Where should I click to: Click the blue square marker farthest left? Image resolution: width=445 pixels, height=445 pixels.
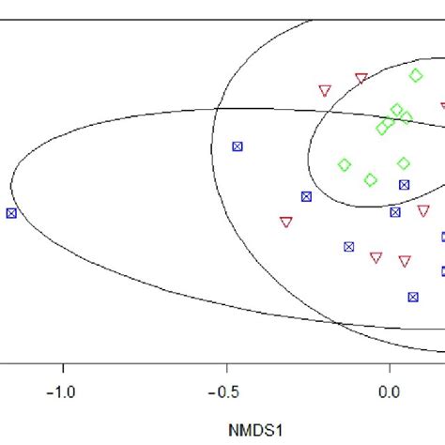pos(11,213)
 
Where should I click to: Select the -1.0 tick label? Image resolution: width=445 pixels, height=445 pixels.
pos(62,389)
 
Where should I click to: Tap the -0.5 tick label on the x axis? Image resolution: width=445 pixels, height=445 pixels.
pos(224,389)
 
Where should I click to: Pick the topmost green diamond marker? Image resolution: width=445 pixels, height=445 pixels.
pos(416,75)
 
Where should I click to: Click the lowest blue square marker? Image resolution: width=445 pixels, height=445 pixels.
pos(412,297)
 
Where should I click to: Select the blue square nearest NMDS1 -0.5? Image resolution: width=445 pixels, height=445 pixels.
pos(238,146)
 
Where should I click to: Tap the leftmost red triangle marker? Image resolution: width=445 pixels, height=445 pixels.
pos(285,222)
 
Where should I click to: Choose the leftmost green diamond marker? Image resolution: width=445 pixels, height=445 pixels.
pos(345,165)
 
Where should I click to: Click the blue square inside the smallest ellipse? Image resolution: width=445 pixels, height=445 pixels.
pos(404,185)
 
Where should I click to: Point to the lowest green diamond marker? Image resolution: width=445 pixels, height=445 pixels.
pos(371,179)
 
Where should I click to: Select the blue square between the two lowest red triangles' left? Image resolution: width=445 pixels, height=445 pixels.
pos(349,247)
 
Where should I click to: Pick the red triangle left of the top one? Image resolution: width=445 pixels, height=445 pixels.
pos(325,91)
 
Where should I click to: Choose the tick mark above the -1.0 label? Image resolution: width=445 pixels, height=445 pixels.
pos(62,367)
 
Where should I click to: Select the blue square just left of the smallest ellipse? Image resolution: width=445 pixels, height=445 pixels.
pos(306,196)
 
